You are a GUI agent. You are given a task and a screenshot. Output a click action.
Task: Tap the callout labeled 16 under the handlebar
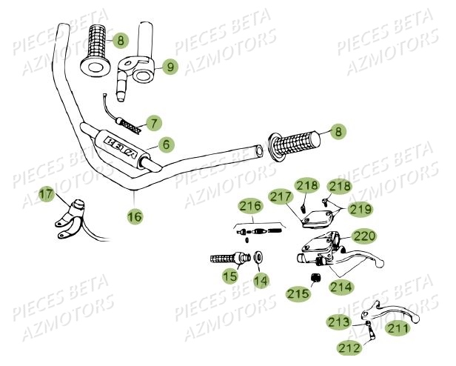[135, 217]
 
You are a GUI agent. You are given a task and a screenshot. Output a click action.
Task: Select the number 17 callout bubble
[47, 195]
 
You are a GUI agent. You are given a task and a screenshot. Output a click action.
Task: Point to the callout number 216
[249, 206]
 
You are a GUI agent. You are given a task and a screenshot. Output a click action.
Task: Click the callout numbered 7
[153, 122]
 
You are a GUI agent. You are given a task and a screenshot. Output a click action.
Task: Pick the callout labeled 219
[360, 209]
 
